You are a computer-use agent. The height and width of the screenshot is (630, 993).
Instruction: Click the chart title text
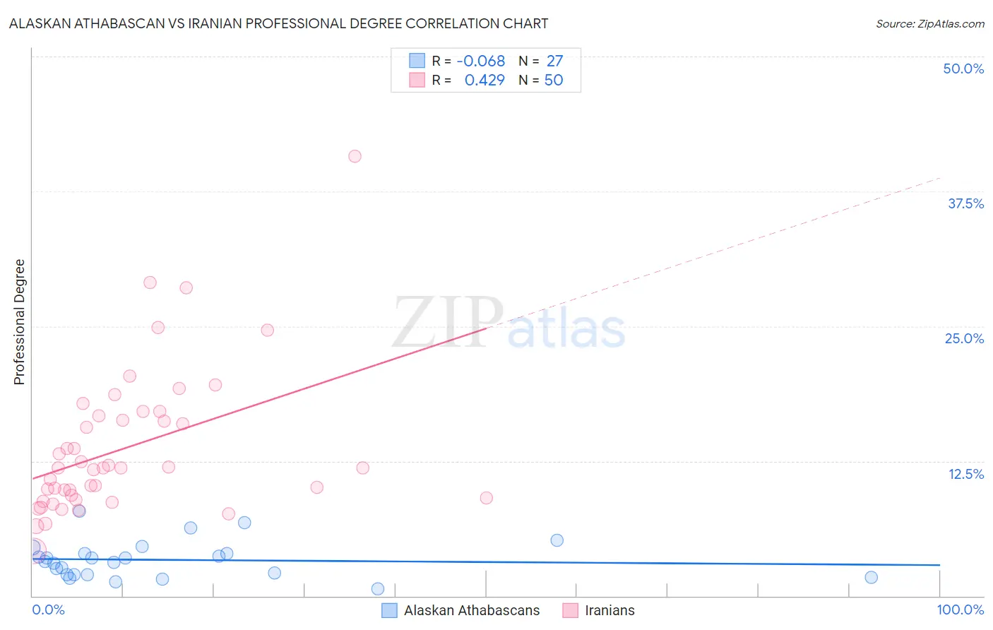278,23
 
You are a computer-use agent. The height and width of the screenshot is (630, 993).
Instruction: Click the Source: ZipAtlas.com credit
929,24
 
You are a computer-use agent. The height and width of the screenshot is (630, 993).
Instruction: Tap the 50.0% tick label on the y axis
963,69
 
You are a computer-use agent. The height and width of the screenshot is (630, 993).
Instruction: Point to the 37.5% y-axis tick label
965,203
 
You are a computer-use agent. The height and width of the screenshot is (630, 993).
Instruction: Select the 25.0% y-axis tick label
964,338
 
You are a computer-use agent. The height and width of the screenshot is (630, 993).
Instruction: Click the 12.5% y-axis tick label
965,474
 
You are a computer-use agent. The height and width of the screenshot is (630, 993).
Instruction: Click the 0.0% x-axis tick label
48,610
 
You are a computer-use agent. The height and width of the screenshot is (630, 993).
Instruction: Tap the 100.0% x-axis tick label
960,610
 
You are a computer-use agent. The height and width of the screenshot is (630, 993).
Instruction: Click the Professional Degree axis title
19,322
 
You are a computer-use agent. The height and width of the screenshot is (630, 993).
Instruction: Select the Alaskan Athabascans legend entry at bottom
471,610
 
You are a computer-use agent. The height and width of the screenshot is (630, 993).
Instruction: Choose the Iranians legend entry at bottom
610,610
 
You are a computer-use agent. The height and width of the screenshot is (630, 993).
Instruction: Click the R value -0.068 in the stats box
480,61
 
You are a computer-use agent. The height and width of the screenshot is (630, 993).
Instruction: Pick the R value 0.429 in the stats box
484,81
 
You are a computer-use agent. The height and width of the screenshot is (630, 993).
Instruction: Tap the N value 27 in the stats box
554,61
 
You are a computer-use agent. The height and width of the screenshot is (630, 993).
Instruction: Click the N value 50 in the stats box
554,81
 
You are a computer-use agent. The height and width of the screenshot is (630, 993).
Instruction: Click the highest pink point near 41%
355,156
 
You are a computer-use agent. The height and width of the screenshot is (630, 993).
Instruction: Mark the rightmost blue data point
871,578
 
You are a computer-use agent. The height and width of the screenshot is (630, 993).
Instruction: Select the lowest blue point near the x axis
378,589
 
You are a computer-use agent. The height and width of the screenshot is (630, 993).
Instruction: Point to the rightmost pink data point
486,498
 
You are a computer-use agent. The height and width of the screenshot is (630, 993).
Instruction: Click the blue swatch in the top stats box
417,61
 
